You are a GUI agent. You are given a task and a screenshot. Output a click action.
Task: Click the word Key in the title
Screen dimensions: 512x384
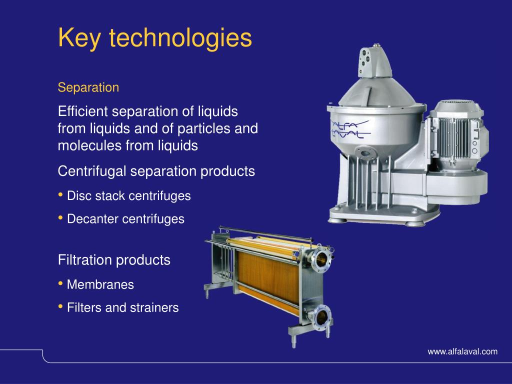click(79, 38)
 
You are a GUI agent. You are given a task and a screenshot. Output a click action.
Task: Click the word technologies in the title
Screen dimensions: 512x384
click(180, 38)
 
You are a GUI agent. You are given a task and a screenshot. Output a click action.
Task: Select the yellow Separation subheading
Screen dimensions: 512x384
click(88, 87)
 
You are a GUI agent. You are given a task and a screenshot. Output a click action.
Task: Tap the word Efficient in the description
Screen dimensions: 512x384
click(82, 111)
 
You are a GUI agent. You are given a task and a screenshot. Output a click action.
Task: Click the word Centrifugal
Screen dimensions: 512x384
click(92, 171)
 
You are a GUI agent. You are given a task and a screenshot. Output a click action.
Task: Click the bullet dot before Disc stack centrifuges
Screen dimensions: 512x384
click(60, 194)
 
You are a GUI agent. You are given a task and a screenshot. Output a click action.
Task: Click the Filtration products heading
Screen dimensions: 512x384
click(114, 260)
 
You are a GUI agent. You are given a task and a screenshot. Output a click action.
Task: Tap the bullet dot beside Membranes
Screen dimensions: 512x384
click(60, 283)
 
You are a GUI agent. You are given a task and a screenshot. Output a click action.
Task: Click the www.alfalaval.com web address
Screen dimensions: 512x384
click(462, 351)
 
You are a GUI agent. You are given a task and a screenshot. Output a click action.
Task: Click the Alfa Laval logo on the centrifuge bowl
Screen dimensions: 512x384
click(350, 129)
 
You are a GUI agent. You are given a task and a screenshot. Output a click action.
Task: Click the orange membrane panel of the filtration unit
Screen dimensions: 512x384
click(268, 276)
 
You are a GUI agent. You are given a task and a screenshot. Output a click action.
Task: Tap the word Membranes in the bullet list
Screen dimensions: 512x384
click(100, 284)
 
